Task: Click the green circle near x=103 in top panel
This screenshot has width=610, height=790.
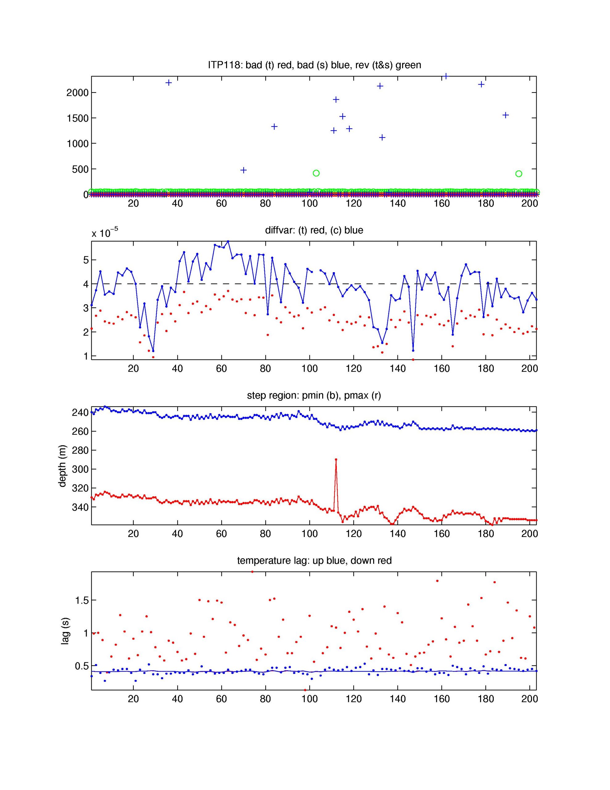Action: point(316,173)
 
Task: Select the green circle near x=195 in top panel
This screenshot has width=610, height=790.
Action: point(518,174)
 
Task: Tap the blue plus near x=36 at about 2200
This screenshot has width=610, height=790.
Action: point(168,83)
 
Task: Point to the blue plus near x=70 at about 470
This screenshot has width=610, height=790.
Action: point(243,170)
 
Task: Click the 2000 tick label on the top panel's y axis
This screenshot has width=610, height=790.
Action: point(77,93)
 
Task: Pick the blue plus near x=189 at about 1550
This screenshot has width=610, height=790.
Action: point(505,115)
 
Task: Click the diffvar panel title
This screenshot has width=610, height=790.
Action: point(314,230)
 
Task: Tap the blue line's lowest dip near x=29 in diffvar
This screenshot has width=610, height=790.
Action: point(153,351)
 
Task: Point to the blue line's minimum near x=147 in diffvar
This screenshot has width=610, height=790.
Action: point(413,351)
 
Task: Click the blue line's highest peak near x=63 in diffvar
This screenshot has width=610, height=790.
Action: point(228,241)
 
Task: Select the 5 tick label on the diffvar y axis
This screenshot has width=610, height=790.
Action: point(86,260)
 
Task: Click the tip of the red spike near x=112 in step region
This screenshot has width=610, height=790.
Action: point(336,459)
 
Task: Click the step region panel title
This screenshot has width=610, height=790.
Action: point(314,395)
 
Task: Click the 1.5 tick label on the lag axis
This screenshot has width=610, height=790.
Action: point(82,601)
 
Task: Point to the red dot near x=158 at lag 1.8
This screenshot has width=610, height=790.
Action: point(437,581)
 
